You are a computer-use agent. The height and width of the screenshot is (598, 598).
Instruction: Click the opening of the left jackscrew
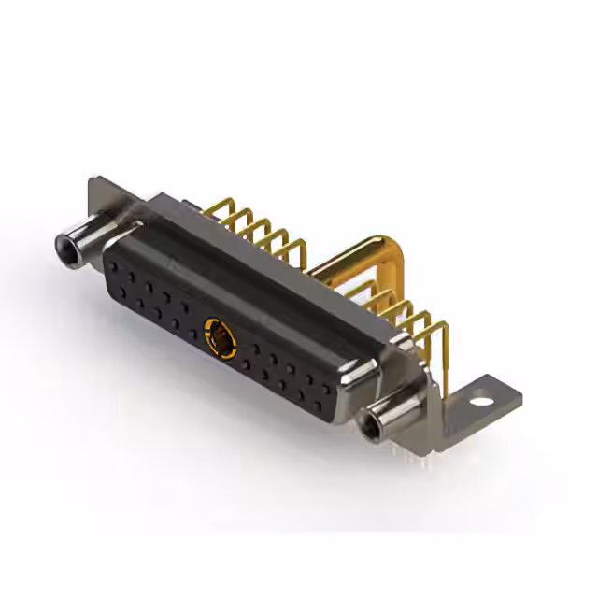point(66,249)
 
